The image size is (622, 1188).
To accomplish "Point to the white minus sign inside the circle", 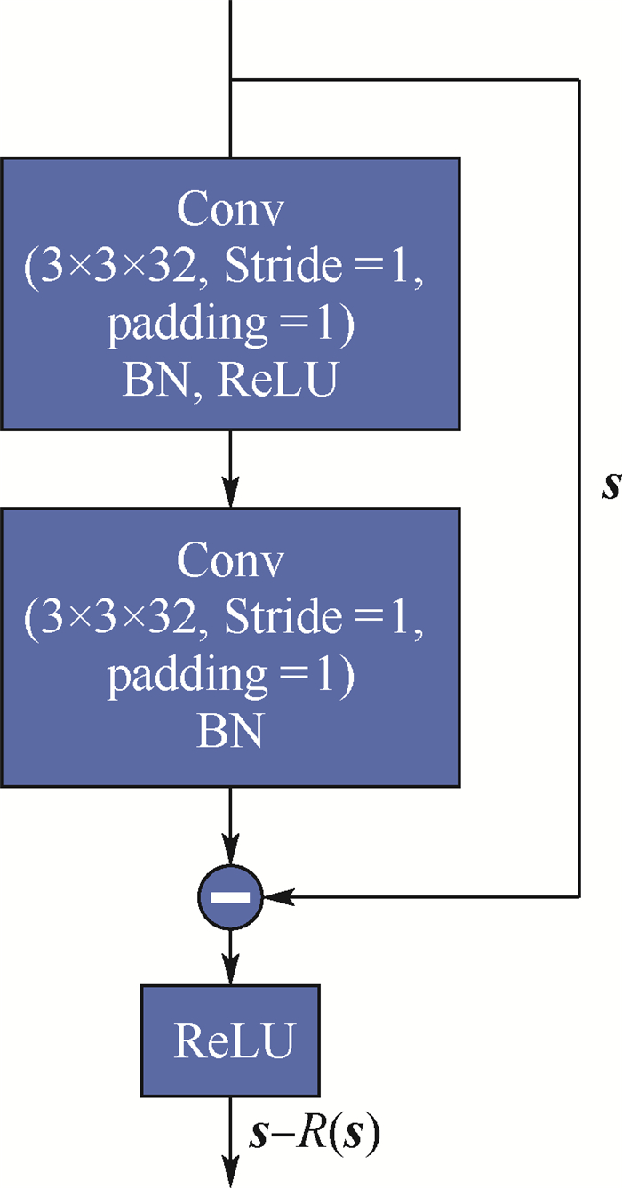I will tap(230, 897).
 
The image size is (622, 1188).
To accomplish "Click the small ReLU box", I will tap(230, 1040).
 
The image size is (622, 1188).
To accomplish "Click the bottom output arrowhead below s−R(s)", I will tap(230, 1174).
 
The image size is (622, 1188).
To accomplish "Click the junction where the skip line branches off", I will tap(230, 79).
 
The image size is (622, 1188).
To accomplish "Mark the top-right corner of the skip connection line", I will tap(579, 79).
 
